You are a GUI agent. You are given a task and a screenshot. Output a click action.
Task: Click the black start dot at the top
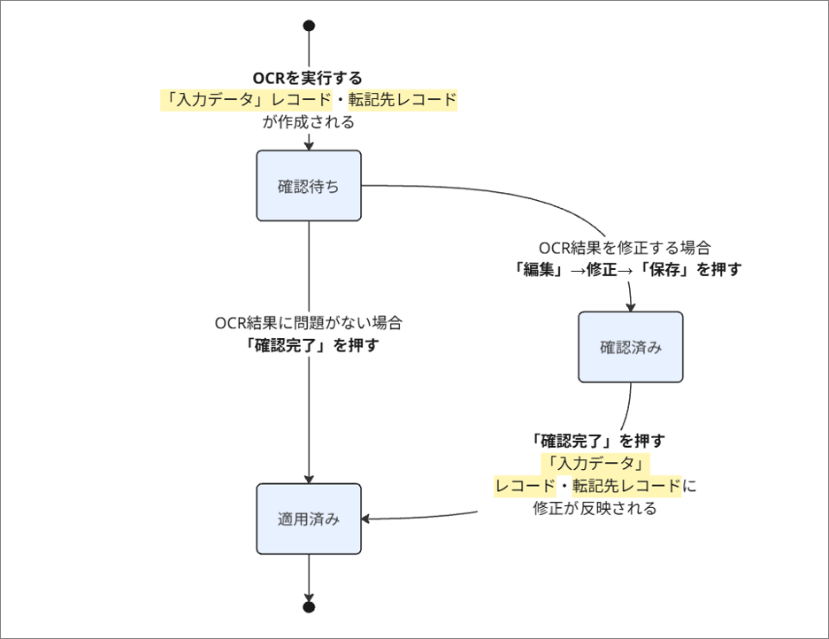click(308, 26)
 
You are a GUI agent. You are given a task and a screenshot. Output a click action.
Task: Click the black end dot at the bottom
click(308, 607)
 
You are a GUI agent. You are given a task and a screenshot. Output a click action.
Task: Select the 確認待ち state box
click(308, 186)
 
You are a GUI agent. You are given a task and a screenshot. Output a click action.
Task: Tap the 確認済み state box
click(630, 347)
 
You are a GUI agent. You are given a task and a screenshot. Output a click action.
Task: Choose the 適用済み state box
click(308, 519)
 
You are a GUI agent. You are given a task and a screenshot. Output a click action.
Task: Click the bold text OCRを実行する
click(308, 78)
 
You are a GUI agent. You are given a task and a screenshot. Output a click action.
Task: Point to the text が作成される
click(308, 122)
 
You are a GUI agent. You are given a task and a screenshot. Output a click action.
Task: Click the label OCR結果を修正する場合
click(625, 248)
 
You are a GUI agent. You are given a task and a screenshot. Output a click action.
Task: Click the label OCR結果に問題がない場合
click(314, 323)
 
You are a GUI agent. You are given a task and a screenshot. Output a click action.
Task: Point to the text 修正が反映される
click(595, 509)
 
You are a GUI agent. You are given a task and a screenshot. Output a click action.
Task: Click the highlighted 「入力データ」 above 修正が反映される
click(595, 463)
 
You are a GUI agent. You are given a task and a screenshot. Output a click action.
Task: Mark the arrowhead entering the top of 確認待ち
click(308, 145)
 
